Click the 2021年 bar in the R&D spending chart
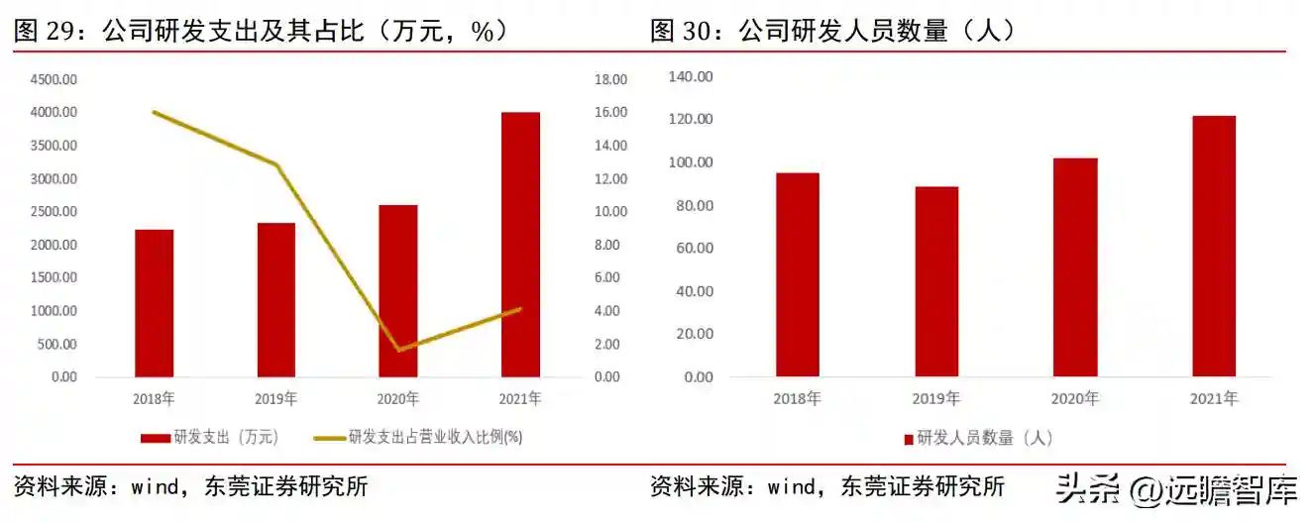click(520, 245)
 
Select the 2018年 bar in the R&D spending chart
click(154, 303)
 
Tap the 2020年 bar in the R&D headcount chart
click(1075, 267)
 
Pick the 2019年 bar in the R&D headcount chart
click(936, 281)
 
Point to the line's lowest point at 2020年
click(398, 350)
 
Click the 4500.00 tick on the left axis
click(54, 79)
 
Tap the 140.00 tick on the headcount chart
click(691, 76)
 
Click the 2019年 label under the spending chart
click(276, 399)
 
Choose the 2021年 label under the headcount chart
click(1214, 399)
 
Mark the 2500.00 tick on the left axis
click(54, 212)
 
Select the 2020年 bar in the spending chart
click(398, 290)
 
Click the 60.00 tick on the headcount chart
click(694, 248)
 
